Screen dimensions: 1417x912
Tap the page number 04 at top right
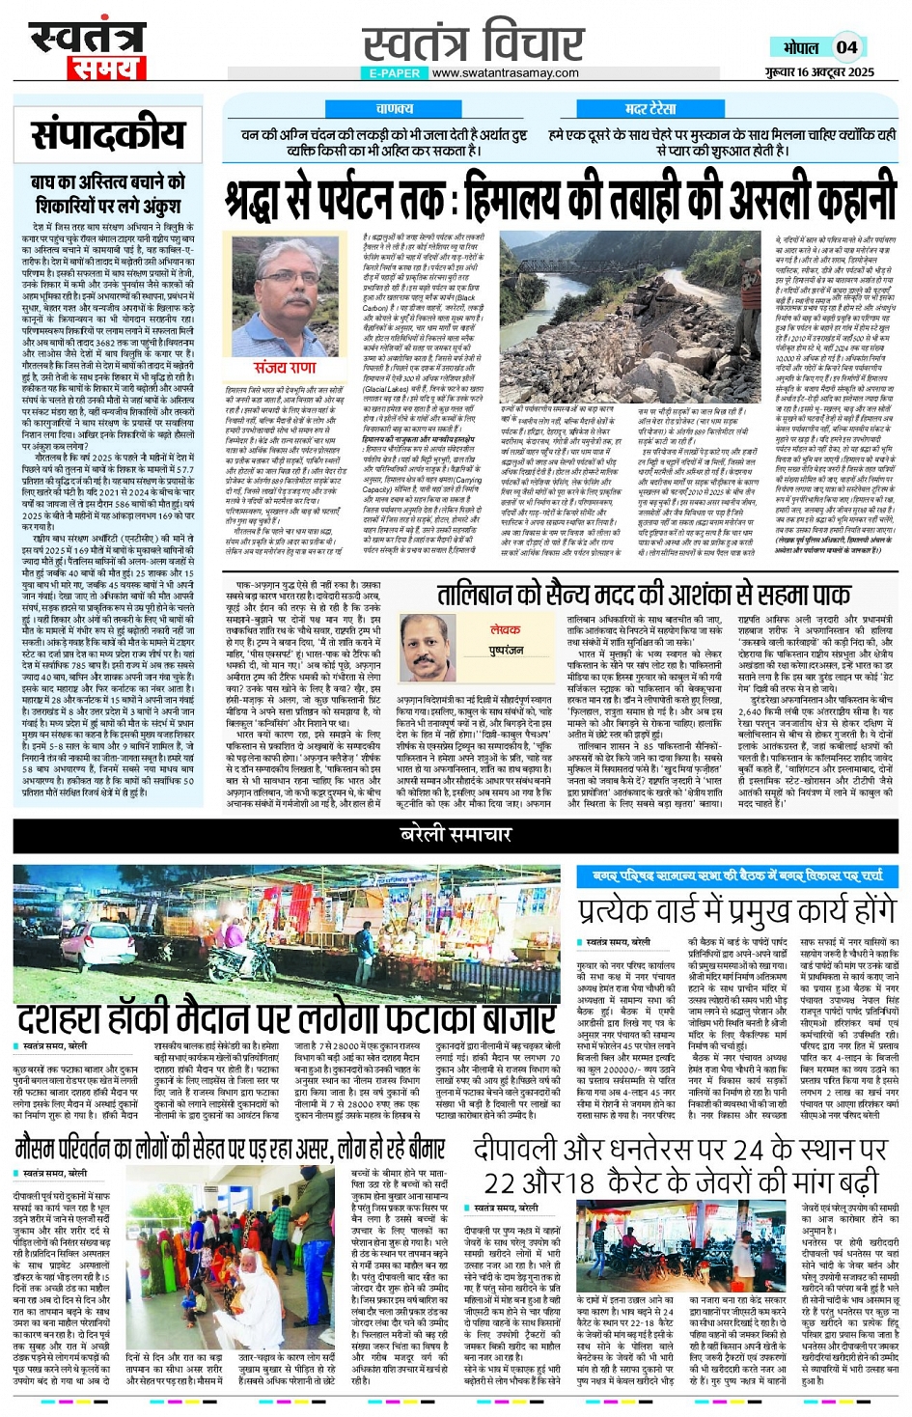pos(846,47)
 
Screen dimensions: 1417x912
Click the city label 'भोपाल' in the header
pos(800,47)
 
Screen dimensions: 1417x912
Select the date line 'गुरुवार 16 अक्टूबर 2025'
pos(819,72)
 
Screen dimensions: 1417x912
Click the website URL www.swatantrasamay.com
pos(505,72)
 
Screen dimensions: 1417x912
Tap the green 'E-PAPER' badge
pos(394,72)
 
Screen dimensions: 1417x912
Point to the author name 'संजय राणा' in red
pos(285,368)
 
